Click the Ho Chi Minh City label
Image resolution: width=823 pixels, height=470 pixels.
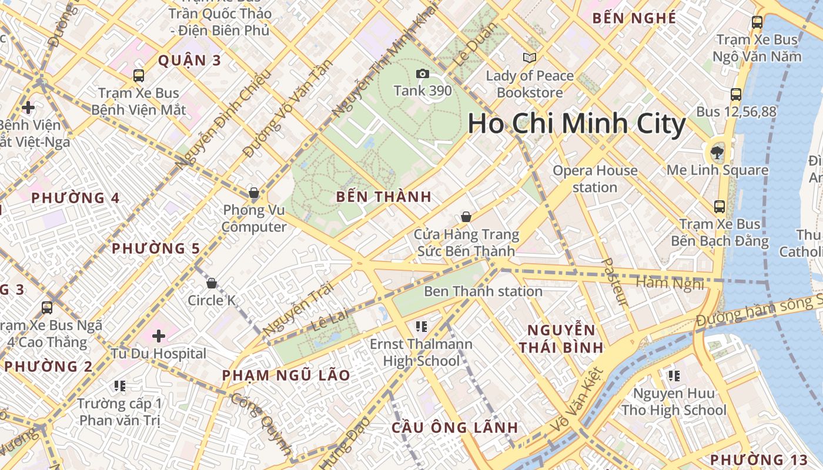576,125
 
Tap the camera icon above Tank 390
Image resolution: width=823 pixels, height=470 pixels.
422,73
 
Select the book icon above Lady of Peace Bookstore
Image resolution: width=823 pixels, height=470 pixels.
530,58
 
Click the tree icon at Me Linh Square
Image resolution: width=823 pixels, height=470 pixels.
717,153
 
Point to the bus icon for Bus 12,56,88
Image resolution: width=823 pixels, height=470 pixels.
735,94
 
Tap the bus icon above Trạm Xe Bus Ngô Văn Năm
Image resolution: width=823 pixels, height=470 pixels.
757,22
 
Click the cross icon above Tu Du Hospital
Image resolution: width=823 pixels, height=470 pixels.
159,336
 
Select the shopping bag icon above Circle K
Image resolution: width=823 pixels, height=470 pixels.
212,283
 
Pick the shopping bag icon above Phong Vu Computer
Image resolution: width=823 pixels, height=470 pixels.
254,192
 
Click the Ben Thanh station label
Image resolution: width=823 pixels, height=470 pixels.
483,291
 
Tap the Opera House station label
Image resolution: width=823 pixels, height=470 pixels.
595,179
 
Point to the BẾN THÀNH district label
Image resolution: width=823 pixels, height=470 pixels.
384,197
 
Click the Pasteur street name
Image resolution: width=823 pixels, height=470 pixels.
615,283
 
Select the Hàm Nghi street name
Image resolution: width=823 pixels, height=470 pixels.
670,283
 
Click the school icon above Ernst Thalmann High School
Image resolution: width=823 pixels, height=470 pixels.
421,326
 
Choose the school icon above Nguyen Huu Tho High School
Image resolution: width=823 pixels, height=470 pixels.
674,375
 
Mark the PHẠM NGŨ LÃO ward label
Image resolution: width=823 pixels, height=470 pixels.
286,375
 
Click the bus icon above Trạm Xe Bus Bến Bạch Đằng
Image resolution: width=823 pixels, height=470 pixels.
720,207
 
